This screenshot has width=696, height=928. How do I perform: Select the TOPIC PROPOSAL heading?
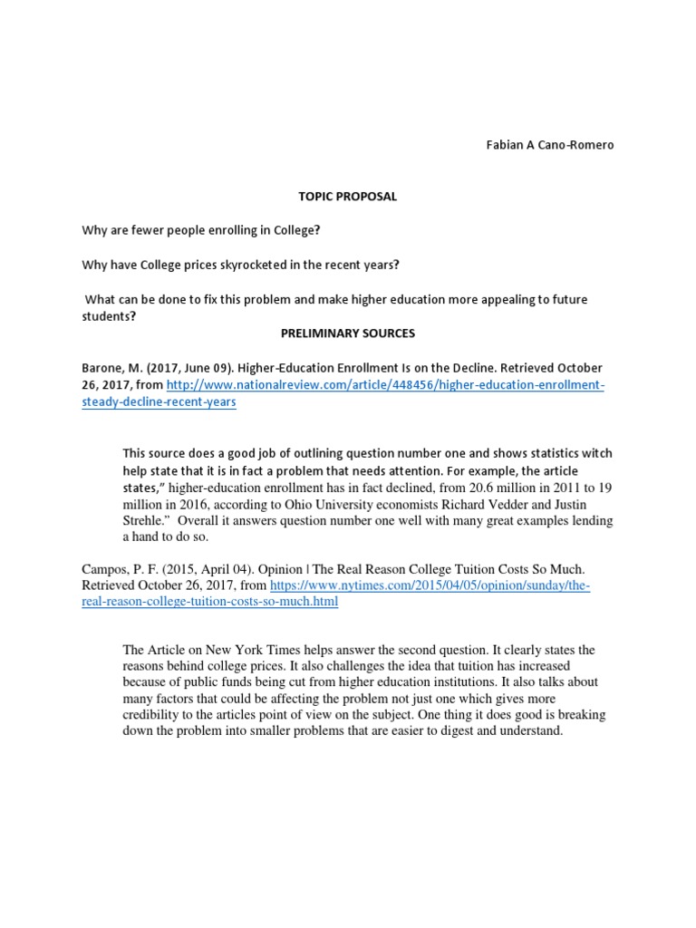pyautogui.click(x=348, y=197)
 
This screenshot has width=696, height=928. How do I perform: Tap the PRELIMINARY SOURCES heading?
pyautogui.click(x=347, y=333)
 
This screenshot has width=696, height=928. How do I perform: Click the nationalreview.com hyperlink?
pyautogui.click(x=384, y=386)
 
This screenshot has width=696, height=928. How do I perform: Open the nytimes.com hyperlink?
pyautogui.click(x=430, y=586)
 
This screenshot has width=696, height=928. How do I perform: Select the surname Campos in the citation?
pyautogui.click(x=103, y=569)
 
